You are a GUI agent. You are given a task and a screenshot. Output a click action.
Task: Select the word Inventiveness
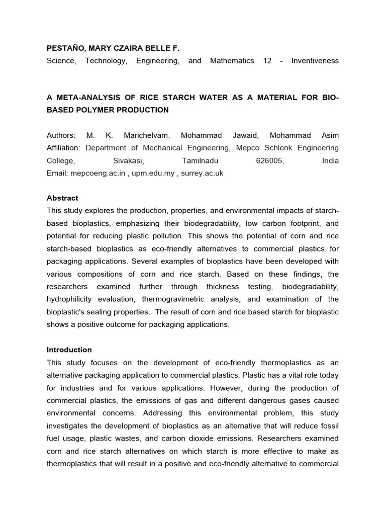pyautogui.click(x=315, y=61)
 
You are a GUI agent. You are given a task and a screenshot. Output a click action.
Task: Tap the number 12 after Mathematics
pyautogui.click(x=267, y=61)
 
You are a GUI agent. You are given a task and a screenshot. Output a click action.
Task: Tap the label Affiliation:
pyautogui.click(x=64, y=148)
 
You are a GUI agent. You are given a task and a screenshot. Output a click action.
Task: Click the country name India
pyautogui.click(x=330, y=161)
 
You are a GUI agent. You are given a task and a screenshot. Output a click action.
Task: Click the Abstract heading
pyautogui.click(x=62, y=198)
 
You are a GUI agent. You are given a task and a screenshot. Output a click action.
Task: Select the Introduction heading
pyautogui.click(x=69, y=350)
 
